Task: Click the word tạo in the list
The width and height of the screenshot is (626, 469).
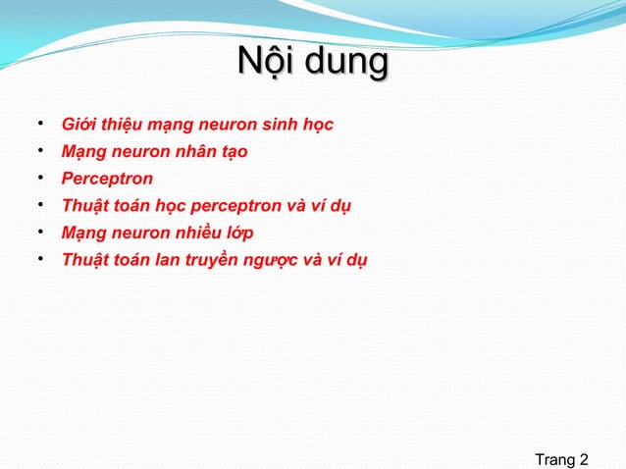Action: [233, 153]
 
